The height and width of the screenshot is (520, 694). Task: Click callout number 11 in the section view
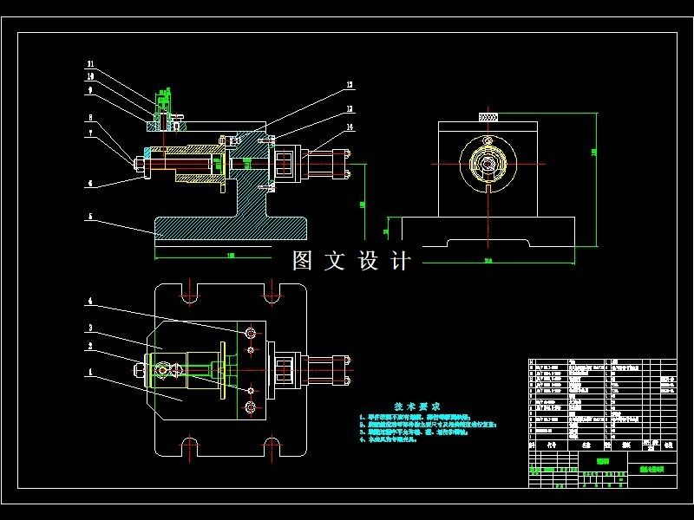89,64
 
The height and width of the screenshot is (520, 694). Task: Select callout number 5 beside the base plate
89,218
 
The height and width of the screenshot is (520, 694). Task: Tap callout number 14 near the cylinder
350,127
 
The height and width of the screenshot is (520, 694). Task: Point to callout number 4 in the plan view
89,302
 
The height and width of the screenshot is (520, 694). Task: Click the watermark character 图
302,261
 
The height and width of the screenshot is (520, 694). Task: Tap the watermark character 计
401,261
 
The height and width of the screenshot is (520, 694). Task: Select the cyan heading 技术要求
417,406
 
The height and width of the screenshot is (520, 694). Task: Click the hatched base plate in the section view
230,227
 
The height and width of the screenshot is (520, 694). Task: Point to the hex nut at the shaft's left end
139,161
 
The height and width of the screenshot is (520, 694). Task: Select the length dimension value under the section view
231,256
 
